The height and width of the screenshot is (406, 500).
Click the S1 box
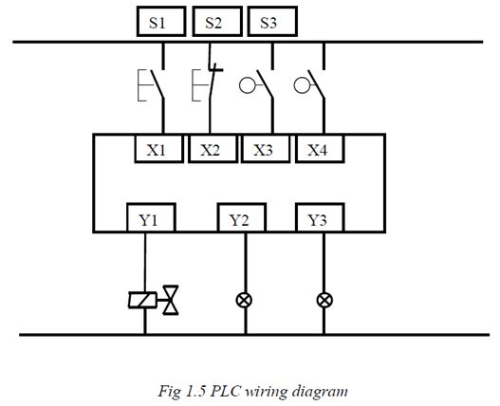[161, 22]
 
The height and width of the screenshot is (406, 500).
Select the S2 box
[217, 22]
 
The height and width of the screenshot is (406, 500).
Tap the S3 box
[272, 22]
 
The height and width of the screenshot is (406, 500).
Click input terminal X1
[158, 149]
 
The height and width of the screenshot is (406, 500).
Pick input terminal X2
[213, 149]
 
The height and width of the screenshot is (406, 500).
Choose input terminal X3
[266, 149]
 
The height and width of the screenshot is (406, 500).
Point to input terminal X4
[320, 149]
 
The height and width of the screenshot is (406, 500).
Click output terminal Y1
[151, 217]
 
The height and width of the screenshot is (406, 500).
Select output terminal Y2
[242, 217]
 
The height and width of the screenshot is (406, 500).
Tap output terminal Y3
[320, 217]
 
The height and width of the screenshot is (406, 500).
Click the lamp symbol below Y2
[244, 300]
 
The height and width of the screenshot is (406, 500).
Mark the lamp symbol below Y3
[324, 300]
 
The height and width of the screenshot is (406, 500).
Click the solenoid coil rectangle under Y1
[142, 300]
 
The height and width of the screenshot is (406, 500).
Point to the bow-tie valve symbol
[171, 300]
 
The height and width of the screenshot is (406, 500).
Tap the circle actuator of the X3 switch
[248, 85]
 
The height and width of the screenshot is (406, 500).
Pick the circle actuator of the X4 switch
[302, 85]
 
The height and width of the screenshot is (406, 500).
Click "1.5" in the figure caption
[195, 391]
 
